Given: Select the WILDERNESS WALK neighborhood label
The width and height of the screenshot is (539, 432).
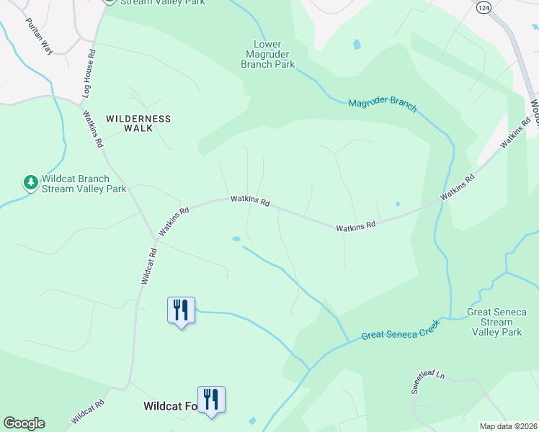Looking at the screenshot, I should pyautogui.click(x=138, y=123).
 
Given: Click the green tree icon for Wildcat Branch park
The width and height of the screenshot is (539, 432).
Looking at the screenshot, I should pyautogui.click(x=30, y=183).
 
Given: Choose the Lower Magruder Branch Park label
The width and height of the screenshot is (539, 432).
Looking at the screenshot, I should pyautogui.click(x=268, y=55).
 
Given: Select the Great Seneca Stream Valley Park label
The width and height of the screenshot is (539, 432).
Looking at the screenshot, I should pyautogui.click(x=496, y=322).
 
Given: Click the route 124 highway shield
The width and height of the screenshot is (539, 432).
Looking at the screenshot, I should pyautogui.click(x=483, y=6).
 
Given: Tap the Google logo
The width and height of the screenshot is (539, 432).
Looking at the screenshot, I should pyautogui.click(x=24, y=423).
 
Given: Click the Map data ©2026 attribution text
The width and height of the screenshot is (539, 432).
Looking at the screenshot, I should pyautogui.click(x=507, y=426).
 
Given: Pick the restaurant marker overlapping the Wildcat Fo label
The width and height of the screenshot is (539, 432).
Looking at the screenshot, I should pyautogui.click(x=211, y=399).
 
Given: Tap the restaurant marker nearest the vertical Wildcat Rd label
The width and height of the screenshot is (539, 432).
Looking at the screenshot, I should pyautogui.click(x=181, y=310).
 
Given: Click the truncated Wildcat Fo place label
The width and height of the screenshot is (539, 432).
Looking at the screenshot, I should pyautogui.click(x=170, y=406).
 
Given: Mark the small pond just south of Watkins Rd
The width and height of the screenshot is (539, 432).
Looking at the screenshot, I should pyautogui.click(x=236, y=238).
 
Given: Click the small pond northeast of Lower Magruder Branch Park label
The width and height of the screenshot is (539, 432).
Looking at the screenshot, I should pyautogui.click(x=357, y=45).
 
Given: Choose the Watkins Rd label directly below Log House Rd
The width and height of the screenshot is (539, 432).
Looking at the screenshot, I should pyautogui.click(x=94, y=129).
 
